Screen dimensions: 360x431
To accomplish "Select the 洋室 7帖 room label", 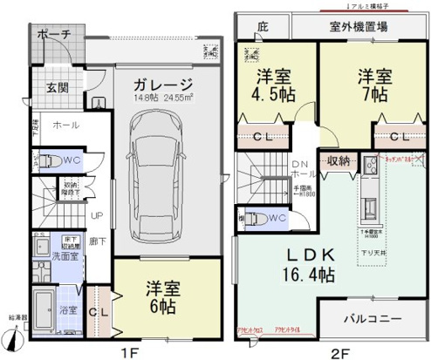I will pyautogui.click(x=371, y=85).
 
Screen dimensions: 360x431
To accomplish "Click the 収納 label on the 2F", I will pyautogui.click(x=340, y=162).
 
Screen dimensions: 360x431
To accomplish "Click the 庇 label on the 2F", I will pyautogui.click(x=262, y=27).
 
